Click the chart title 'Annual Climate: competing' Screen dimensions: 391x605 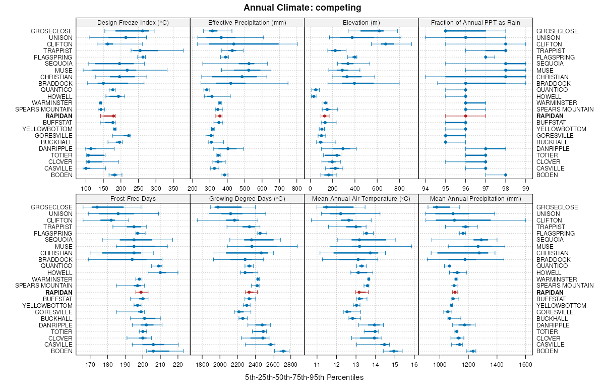coord(302,8)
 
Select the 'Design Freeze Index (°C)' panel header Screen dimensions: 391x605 coord(133,22)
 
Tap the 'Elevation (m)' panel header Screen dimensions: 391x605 coord(361,22)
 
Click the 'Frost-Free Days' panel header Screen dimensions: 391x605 coord(133,199)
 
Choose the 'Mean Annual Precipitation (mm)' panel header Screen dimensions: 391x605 coord(475,199)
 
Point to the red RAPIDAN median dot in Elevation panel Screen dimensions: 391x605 coord(324,116)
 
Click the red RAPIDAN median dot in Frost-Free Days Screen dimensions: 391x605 coord(141,292)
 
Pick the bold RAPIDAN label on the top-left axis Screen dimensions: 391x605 coord(59,116)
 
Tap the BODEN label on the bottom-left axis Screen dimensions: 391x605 coord(63,351)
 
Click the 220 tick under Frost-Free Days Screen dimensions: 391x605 coord(177,365)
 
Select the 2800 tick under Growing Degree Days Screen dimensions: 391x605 coord(290,365)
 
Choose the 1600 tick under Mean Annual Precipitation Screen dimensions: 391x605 coord(525,365)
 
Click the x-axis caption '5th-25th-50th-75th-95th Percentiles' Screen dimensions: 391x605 coord(304,377)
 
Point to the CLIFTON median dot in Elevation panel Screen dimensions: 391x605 coord(386,44)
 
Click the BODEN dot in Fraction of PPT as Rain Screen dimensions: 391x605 coord(506,175)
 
